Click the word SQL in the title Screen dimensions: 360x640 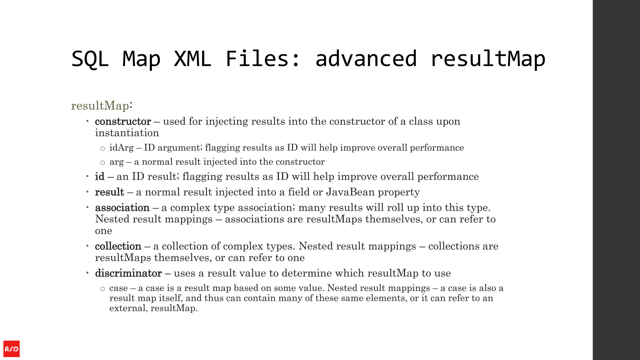tap(90, 59)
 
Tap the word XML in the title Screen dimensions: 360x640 tap(192, 59)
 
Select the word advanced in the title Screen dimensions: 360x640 tap(366, 59)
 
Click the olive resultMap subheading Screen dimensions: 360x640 tap(100, 106)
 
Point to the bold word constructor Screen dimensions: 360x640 tap(123, 121)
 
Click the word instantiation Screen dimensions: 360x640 tap(127, 133)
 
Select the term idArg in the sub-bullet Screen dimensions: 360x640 tap(121, 147)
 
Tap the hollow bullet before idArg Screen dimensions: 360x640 tap(102, 148)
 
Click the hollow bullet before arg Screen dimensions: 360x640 tap(102, 162)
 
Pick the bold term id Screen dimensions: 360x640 tap(100, 177)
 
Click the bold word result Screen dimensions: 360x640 tap(109, 192)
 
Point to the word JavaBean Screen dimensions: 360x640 tap(350, 192)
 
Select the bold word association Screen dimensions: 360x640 tap(122, 207)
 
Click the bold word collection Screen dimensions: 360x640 tap(118, 246)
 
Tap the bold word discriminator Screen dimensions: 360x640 tap(128, 273)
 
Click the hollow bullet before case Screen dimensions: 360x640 tap(102, 289)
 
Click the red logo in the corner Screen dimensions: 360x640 tap(12, 349)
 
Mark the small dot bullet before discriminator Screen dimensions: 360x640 tap(87, 273)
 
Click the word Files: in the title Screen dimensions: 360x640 tap(263, 59)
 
